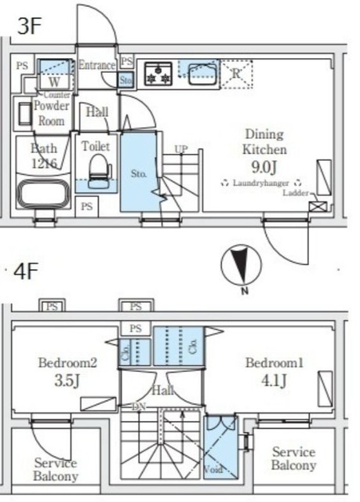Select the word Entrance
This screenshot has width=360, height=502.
tap(96, 65)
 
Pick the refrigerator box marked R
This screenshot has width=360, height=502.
tap(236, 74)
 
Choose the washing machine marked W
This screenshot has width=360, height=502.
tap(53, 82)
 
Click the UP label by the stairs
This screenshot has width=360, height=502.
tap(181, 149)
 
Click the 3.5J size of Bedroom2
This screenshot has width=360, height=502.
tap(67, 381)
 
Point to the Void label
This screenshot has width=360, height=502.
tap(213, 471)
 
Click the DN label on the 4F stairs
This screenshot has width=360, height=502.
tap(138, 406)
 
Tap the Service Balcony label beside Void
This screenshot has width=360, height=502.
tap(293, 459)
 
